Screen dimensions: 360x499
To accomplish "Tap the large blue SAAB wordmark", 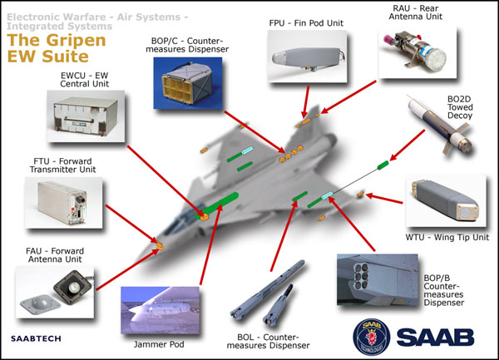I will pyautogui.click(x=434, y=335).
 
